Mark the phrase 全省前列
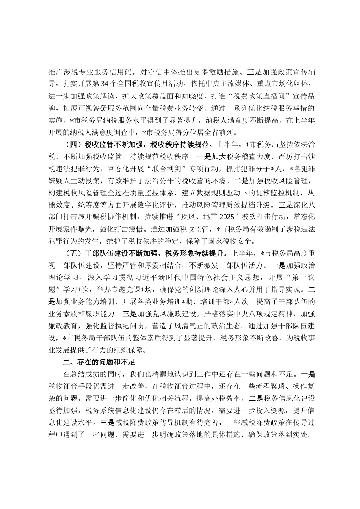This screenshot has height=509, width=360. (221, 132)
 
